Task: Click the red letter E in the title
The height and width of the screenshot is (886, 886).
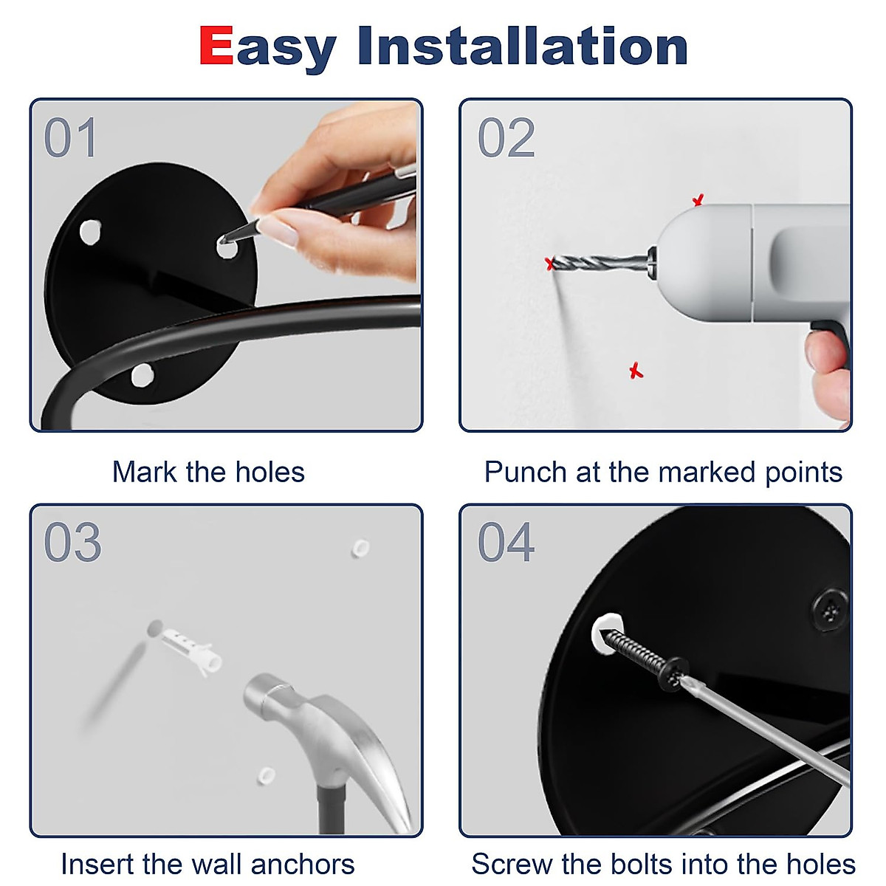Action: (x=216, y=47)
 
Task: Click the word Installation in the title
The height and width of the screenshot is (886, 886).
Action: (x=523, y=47)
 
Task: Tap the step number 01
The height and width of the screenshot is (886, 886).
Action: (x=70, y=138)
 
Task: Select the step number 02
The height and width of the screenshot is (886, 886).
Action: (x=506, y=138)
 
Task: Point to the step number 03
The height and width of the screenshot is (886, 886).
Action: (x=72, y=543)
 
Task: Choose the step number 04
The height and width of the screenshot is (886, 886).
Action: (x=506, y=543)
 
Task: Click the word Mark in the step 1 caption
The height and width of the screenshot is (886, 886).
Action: (x=144, y=473)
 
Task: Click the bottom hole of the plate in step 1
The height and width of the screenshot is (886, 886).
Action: (x=141, y=375)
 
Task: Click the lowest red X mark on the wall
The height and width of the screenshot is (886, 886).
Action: (x=636, y=371)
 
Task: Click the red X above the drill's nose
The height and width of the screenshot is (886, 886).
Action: (x=698, y=200)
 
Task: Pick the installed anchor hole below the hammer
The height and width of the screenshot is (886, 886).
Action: (x=265, y=775)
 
